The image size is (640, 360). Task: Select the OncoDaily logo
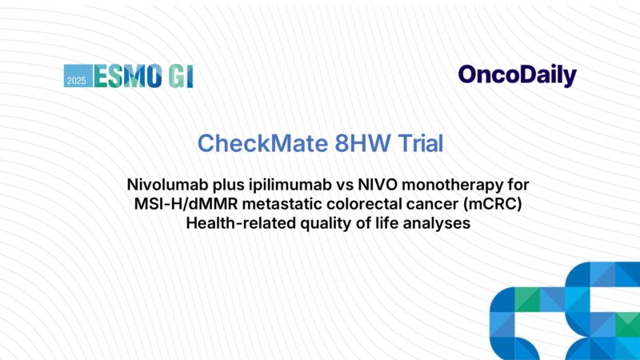tap(517, 75)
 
